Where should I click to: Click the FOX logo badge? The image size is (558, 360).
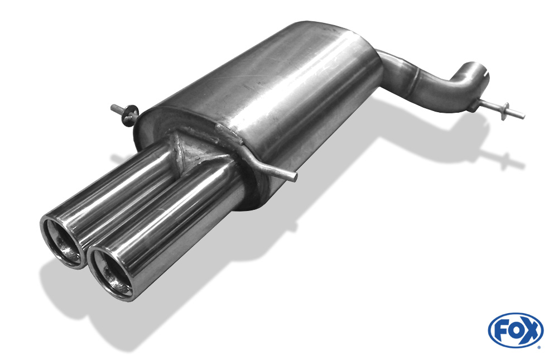click(515, 330)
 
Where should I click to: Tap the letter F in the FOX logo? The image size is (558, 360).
click(501, 330)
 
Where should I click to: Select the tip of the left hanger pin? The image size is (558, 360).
click(113, 107)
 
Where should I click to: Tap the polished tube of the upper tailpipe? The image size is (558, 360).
click(123, 190)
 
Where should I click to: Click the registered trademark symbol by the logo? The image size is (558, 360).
click(540, 346)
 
